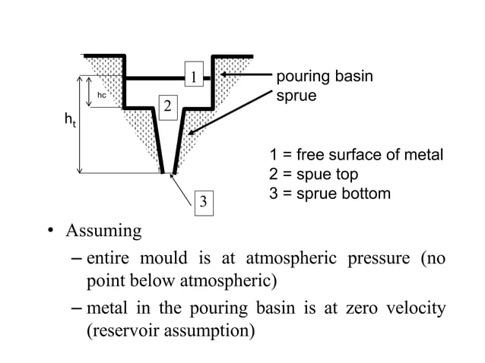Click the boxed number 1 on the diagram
194,77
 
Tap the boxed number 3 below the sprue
202,203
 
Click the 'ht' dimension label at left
70,121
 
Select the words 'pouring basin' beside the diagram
325,77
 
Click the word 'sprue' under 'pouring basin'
296,96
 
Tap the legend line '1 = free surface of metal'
357,156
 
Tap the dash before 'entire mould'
76,259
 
